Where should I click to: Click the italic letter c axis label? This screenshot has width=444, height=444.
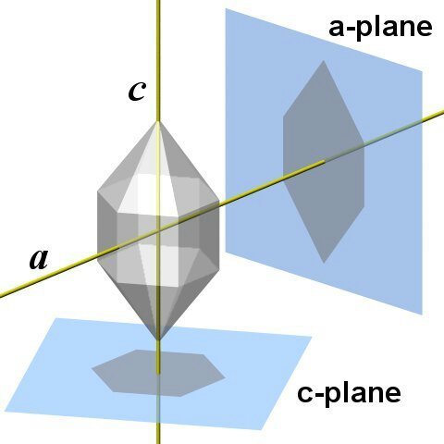[137, 92]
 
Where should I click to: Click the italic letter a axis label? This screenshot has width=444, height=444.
[39, 259]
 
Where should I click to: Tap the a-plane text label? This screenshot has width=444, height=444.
[380, 29]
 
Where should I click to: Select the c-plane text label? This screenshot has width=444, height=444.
[349, 393]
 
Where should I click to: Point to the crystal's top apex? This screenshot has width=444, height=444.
[158, 121]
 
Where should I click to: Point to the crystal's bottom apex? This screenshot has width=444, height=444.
[158, 340]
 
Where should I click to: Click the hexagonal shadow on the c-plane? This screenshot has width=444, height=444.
[158, 373]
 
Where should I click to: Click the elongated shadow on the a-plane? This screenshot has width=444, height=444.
[324, 162]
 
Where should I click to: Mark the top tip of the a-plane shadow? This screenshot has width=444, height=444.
[324, 60]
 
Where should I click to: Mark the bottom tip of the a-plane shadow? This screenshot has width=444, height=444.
[324, 263]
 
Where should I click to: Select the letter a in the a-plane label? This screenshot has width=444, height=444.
[336, 29]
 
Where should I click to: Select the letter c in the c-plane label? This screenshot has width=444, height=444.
[304, 394]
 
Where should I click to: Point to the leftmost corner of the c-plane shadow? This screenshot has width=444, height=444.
[92, 368]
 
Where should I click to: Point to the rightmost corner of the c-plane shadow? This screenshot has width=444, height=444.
[225, 377]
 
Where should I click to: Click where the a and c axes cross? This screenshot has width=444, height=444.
[158, 230]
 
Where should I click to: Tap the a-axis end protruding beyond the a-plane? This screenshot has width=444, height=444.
[433, 115]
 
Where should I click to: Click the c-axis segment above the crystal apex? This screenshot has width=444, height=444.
[158, 61]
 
